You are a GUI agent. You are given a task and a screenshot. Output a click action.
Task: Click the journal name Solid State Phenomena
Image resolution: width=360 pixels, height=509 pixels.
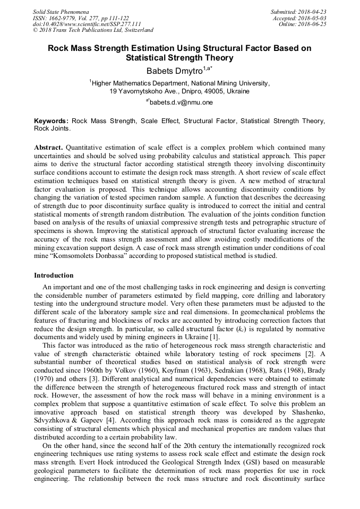[x=61, y=12]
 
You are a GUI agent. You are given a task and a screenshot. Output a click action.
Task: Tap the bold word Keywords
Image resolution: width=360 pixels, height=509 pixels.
[x=51, y=121]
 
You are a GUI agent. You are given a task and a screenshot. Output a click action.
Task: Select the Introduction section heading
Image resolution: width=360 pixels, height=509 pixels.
[x=54, y=275]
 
